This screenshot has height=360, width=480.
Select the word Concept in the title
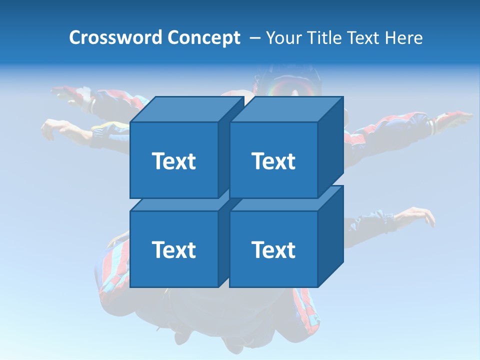[x=204, y=38]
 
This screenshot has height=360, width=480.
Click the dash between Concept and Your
[x=254, y=38]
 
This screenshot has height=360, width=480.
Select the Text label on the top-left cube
[x=173, y=161]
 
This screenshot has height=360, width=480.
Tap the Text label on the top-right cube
[x=273, y=161]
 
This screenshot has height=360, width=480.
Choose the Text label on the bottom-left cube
[x=173, y=249]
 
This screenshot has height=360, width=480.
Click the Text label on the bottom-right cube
[x=273, y=249]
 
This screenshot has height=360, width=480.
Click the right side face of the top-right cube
[x=330, y=147]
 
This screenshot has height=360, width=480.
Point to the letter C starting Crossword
[x=75, y=38]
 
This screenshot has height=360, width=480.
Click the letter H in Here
[x=390, y=38]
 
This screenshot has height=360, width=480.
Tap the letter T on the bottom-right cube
[x=257, y=249]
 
